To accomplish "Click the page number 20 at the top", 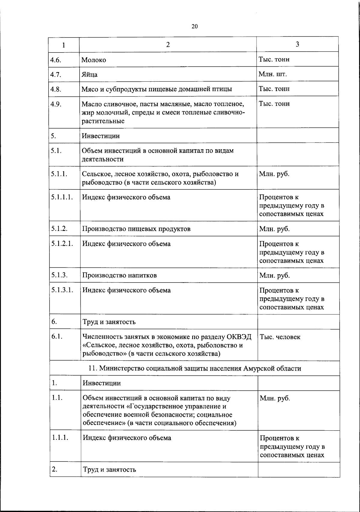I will [x=195, y=26].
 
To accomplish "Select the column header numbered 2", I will [x=168, y=45].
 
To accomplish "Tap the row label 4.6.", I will [x=56, y=60].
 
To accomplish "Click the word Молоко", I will [x=94, y=60].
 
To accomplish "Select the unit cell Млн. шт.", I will [x=273, y=74].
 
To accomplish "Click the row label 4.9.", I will [x=56, y=104].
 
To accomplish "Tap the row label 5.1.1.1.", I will [x=62, y=197].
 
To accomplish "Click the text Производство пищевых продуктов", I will [x=136, y=229].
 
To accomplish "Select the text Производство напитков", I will [x=119, y=275].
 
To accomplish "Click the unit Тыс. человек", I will [x=280, y=337].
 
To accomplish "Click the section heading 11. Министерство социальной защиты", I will [x=195, y=368].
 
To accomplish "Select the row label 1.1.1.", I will [x=60, y=438].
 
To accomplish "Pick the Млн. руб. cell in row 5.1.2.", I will [x=274, y=229].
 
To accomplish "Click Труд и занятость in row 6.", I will [x=109, y=322].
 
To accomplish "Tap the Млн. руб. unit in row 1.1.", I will [x=275, y=398].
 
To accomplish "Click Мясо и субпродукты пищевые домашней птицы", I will [x=157, y=89].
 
